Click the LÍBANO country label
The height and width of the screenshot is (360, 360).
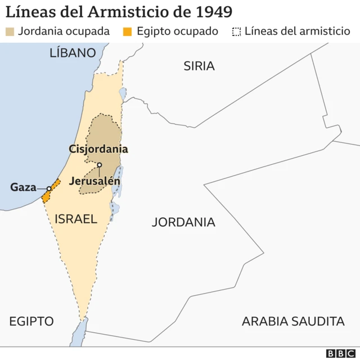(x=73, y=53)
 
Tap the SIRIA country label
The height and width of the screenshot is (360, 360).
(x=199, y=66)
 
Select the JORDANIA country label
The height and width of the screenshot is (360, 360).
(x=183, y=222)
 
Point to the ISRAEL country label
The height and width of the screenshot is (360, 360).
(x=76, y=219)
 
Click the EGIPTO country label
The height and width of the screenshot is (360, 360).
(x=31, y=321)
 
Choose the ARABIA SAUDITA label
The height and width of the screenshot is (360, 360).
(x=292, y=321)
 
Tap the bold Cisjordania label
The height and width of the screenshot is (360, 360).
(x=98, y=149)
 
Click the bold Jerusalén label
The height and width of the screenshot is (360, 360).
(x=94, y=181)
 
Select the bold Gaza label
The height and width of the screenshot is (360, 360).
(x=23, y=187)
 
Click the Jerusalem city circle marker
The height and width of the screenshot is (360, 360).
(x=99, y=165)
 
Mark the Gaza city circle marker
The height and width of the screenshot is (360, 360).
(x=49, y=188)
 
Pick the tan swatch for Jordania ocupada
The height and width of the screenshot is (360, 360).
(x=10, y=31)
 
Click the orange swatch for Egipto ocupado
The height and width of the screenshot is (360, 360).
(x=129, y=31)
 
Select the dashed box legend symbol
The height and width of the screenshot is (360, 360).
(x=237, y=31)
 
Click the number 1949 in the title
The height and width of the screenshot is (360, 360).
(x=211, y=12)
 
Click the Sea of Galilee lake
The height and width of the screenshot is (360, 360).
(x=123, y=92)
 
